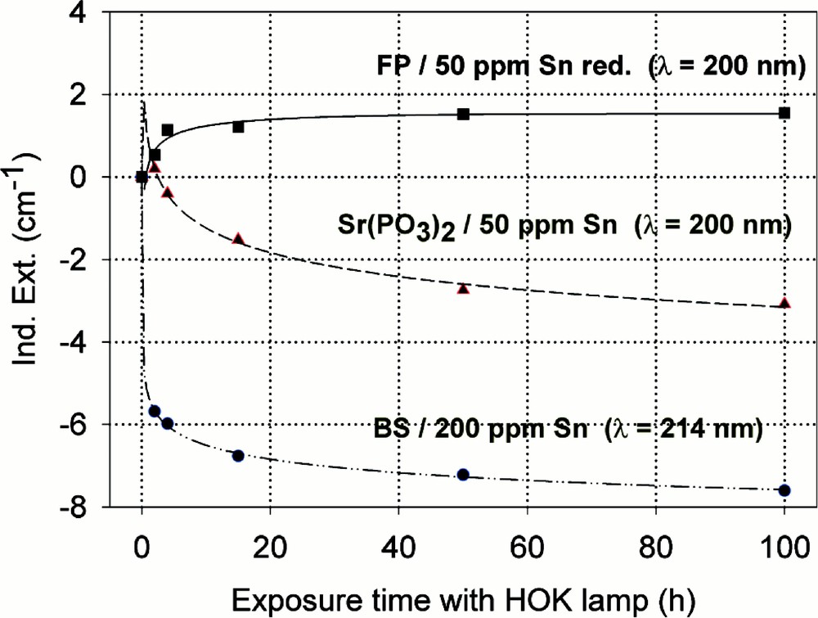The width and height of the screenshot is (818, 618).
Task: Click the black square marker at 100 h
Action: [784, 113]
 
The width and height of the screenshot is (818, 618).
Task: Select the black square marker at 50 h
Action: [463, 114]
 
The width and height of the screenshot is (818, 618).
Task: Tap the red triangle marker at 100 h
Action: [784, 304]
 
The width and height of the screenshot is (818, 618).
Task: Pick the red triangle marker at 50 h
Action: [463, 288]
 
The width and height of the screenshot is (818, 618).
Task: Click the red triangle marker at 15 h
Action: [238, 238]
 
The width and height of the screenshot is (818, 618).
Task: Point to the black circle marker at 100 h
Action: [784, 490]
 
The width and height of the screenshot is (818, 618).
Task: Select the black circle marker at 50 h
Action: [463, 475]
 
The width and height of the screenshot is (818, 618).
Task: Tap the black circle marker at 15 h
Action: [238, 456]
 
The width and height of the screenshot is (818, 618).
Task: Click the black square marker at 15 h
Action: [238, 127]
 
